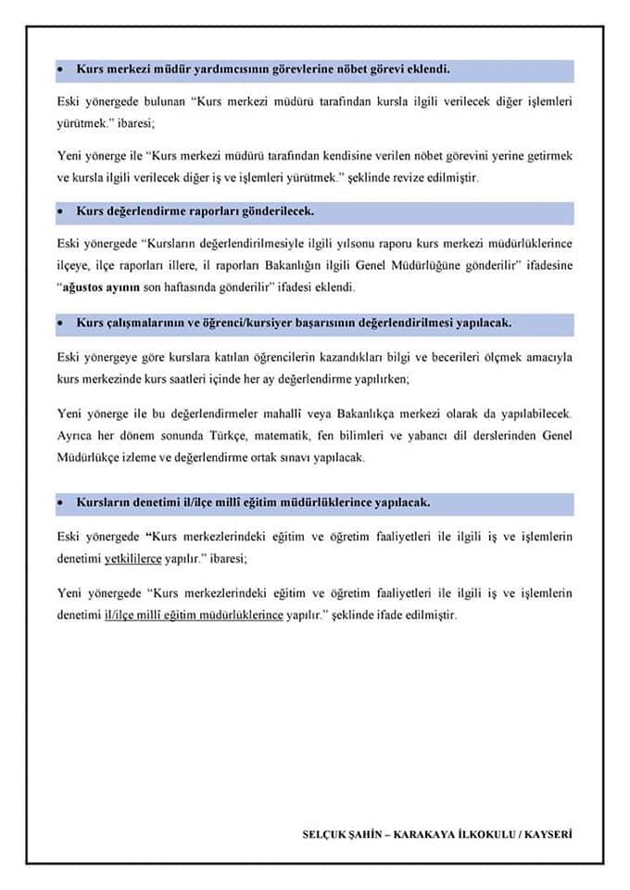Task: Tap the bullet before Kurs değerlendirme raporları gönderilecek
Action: tap(60, 211)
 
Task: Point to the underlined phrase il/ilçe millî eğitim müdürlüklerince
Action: tap(194, 616)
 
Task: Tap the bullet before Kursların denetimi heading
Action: tap(60, 502)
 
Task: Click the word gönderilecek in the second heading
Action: tap(277, 211)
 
